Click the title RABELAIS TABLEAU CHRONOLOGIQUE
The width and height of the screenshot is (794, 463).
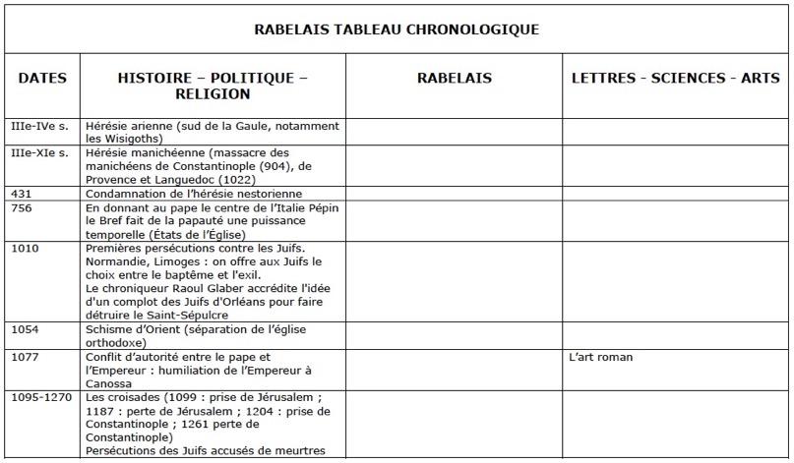pos(397,29)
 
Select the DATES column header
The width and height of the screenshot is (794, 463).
pos(42,78)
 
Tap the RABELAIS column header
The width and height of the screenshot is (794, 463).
pos(454,78)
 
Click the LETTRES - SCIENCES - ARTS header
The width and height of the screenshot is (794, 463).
pos(675,78)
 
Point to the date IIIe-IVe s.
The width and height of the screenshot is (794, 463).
pos(39,127)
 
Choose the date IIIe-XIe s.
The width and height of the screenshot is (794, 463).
pos(39,153)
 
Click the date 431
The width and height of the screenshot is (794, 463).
pos(21,195)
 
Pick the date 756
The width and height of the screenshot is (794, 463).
pos(21,208)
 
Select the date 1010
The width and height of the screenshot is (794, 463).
pos(25,250)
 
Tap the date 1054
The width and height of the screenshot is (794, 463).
pos(25,328)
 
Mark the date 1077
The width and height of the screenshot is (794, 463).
pos(25,357)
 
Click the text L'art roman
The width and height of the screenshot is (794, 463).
pos(601,357)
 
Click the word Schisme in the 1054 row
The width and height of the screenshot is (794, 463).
pos(110,328)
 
